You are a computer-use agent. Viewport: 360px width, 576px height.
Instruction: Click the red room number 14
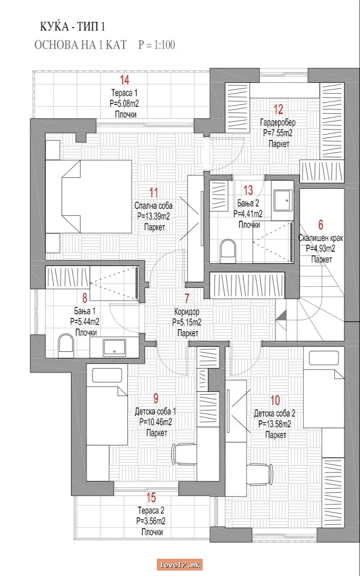coord(125,80)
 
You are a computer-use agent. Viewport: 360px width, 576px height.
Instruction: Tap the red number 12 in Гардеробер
coord(278,109)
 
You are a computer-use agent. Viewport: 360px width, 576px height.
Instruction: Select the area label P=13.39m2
coord(154,216)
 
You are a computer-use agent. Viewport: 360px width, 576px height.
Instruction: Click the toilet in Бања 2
coord(228,249)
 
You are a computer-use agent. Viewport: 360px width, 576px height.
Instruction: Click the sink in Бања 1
coord(114,347)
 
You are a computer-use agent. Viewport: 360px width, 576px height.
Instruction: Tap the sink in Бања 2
coord(283,200)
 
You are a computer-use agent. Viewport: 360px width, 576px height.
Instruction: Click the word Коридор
coord(187,312)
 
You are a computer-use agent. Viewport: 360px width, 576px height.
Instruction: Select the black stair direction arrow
coord(281,315)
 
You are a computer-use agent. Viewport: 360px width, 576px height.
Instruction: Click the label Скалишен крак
coord(321,238)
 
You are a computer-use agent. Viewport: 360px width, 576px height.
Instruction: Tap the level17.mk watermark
coord(180,565)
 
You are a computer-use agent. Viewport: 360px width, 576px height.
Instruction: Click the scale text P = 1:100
coord(157,45)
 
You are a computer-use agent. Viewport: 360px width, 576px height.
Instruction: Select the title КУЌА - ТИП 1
coord(72,27)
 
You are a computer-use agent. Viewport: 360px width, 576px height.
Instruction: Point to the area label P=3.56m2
coord(151,521)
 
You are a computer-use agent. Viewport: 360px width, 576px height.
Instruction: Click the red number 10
coord(275,400)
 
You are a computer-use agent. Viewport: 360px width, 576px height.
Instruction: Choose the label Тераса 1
coord(124,93)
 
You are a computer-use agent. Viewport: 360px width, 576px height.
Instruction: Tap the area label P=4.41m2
coord(248,214)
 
